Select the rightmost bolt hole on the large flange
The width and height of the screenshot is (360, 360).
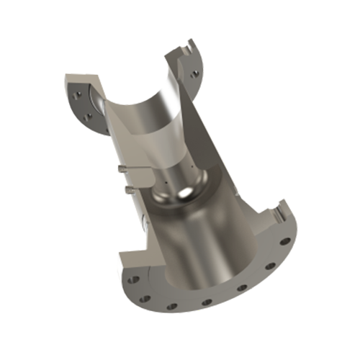click(285, 240)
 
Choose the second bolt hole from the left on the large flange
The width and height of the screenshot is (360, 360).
click(144, 296)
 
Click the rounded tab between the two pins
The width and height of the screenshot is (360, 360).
click(141, 176)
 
